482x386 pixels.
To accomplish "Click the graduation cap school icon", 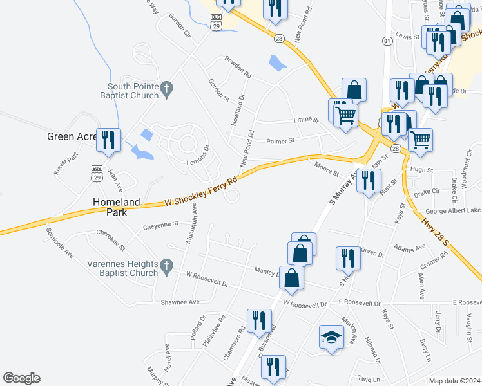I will (331, 337).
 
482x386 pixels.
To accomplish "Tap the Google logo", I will (21, 378).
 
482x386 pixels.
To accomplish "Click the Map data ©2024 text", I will (455, 381).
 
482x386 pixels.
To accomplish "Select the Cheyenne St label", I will (160, 225).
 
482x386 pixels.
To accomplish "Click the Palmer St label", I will (280, 140).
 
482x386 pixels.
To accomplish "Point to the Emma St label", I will (305, 120).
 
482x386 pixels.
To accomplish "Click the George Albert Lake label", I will (452, 210).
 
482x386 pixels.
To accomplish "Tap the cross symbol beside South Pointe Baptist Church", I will (168, 89).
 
